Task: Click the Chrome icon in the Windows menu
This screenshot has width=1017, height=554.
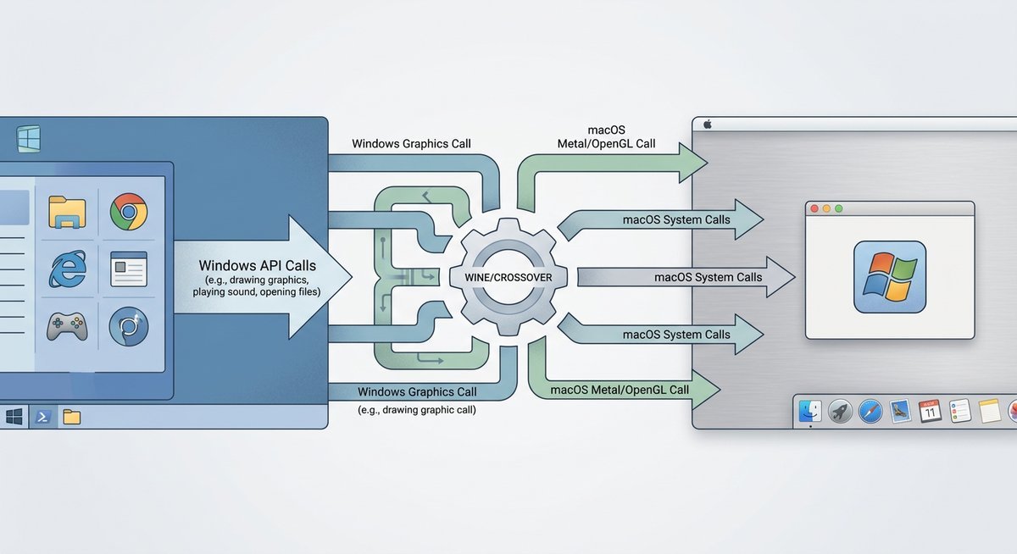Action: (x=129, y=212)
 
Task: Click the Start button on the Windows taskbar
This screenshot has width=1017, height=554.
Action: (x=14, y=417)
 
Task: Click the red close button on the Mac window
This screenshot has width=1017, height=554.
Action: (x=815, y=208)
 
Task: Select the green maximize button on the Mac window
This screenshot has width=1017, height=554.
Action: (x=839, y=208)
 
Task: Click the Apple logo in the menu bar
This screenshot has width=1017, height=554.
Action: (x=705, y=124)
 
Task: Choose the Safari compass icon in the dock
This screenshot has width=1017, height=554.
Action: (x=870, y=412)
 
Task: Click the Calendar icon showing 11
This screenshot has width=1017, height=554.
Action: (x=930, y=412)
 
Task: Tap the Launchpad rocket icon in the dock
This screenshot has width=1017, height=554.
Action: (x=840, y=412)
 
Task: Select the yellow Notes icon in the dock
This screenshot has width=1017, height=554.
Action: (x=990, y=412)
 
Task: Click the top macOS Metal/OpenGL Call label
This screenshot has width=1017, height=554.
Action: (x=605, y=136)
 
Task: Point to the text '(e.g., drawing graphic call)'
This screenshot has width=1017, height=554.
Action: (x=417, y=410)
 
